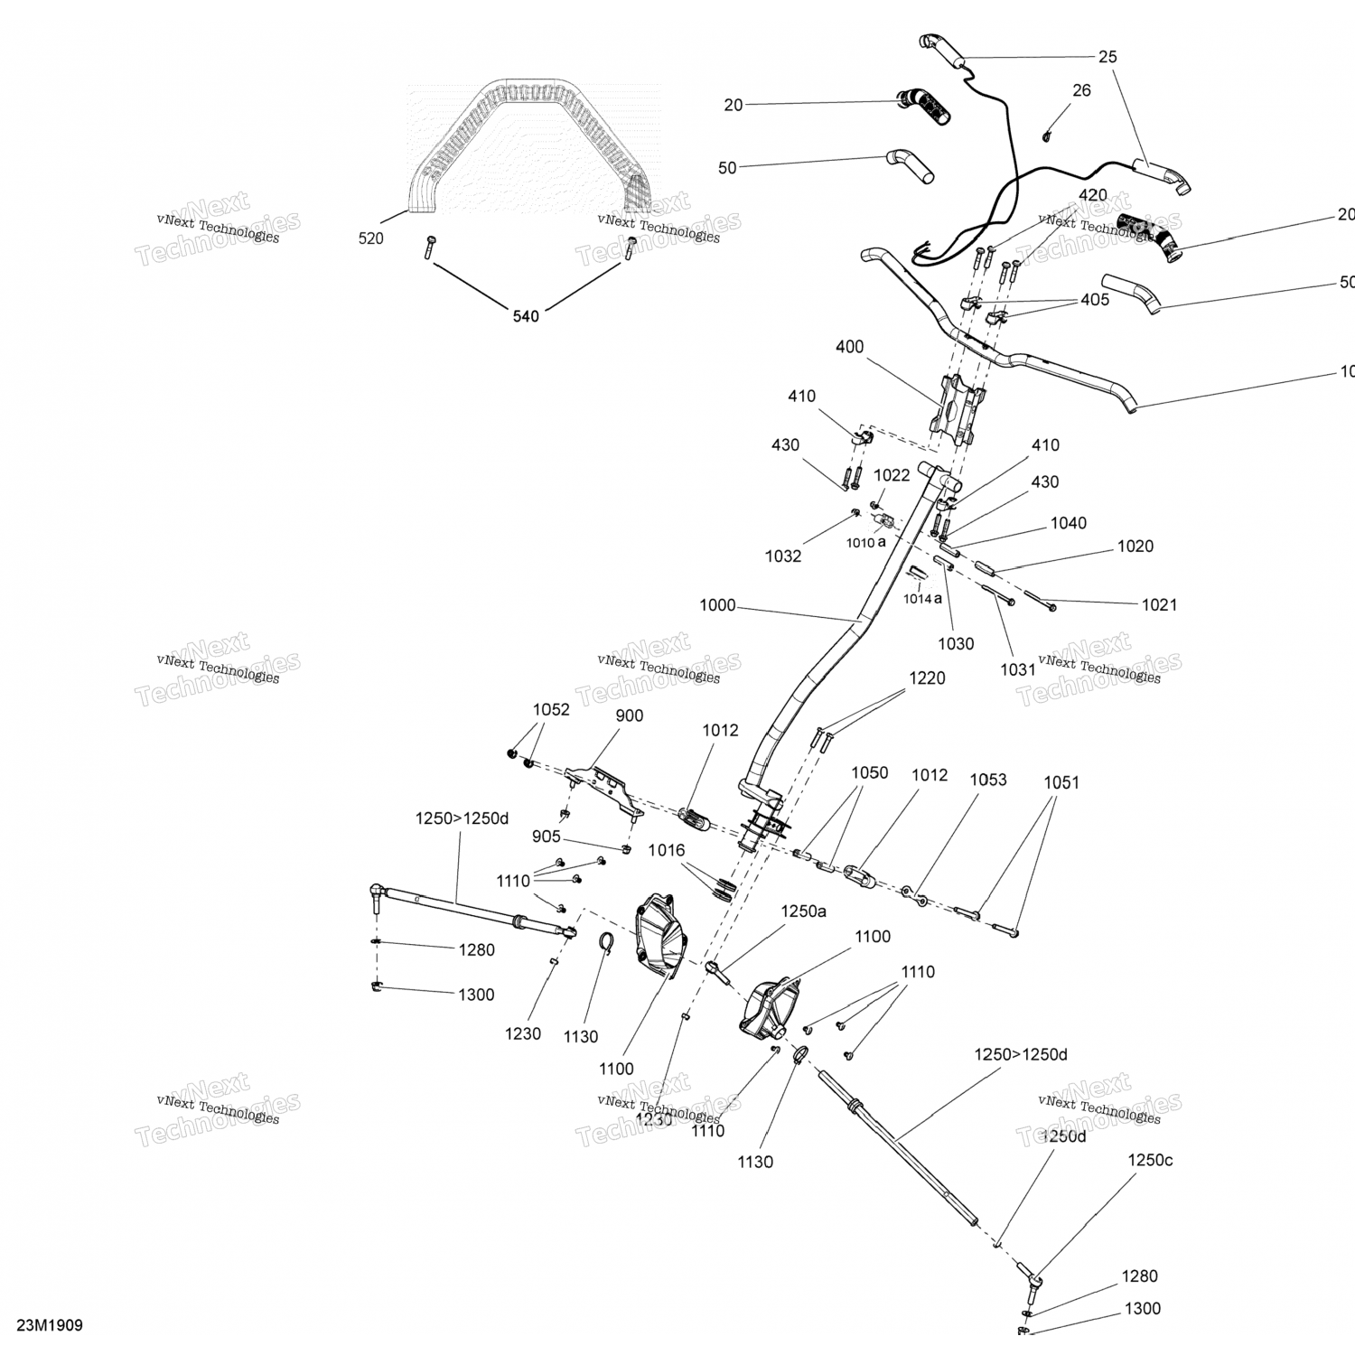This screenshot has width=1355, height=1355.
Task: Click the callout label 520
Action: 370,238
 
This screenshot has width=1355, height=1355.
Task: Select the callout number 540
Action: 526,316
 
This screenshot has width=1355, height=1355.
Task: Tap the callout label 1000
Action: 717,605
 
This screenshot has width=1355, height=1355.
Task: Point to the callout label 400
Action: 849,347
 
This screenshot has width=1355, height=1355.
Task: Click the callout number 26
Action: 1081,90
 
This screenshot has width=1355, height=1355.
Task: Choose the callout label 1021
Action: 1159,604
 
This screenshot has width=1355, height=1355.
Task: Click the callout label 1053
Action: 987,780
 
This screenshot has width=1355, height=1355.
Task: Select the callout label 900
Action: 629,715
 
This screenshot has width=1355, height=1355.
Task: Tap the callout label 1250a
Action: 804,911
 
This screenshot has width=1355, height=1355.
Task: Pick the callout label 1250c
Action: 1150,1160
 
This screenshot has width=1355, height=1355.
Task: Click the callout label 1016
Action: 667,850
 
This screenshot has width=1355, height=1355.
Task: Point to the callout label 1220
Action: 927,678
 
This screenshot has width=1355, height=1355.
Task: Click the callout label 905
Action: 546,837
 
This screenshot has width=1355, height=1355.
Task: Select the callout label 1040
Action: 1068,523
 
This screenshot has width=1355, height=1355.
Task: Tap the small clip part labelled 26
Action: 1048,135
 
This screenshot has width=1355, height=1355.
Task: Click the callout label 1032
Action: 783,556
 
